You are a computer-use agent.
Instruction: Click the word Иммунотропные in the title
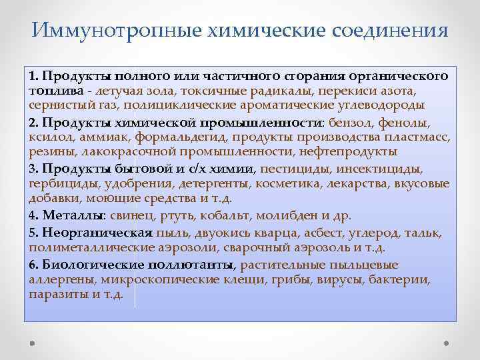[x=99, y=30]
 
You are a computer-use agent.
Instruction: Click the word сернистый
[x=55, y=105]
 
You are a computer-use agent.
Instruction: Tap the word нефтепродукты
[x=322, y=151]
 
